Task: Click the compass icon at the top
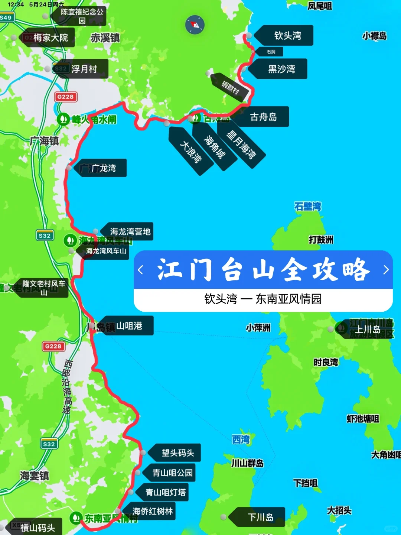[195, 25]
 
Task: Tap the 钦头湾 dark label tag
[287, 36]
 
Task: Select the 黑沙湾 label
[281, 69]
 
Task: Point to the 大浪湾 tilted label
[191, 152]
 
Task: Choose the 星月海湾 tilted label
[241, 145]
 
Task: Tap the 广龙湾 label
[103, 168]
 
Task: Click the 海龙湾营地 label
[130, 232]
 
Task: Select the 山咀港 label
[129, 326]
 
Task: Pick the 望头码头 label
[177, 453]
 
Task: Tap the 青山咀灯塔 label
[165, 493]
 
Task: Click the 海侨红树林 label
[152, 512]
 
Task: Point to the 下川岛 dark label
[260, 517]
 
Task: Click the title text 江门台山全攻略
[263, 270]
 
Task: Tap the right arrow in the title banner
[386, 270]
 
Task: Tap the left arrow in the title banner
[140, 270]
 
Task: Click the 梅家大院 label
[50, 38]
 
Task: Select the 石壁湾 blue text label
[307, 207]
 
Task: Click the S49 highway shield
[6, 17]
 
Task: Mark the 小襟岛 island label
[374, 36]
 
